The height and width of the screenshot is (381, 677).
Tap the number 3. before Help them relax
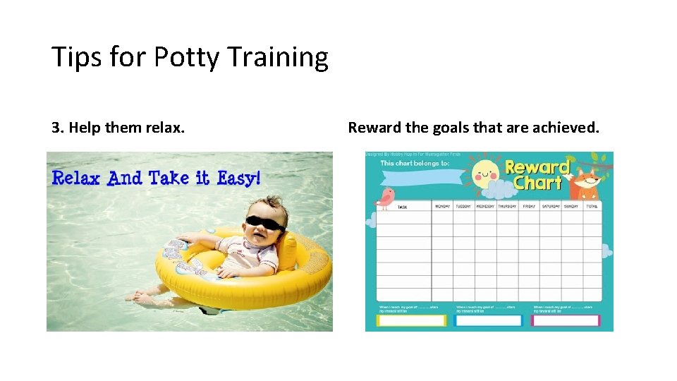pos(58,128)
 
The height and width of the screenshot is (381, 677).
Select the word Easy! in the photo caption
pos(238,178)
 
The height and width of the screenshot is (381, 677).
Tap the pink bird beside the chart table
pos(384,198)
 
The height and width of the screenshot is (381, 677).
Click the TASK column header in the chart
pos(403,207)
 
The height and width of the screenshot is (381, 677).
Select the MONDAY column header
pos(442,207)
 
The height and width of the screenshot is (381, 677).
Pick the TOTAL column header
pos(591,207)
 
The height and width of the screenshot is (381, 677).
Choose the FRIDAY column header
pos(528,207)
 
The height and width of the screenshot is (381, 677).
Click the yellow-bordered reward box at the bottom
pos(412,320)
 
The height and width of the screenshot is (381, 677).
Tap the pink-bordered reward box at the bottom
pos(565,320)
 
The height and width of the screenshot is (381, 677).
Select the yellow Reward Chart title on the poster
pos(537,175)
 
